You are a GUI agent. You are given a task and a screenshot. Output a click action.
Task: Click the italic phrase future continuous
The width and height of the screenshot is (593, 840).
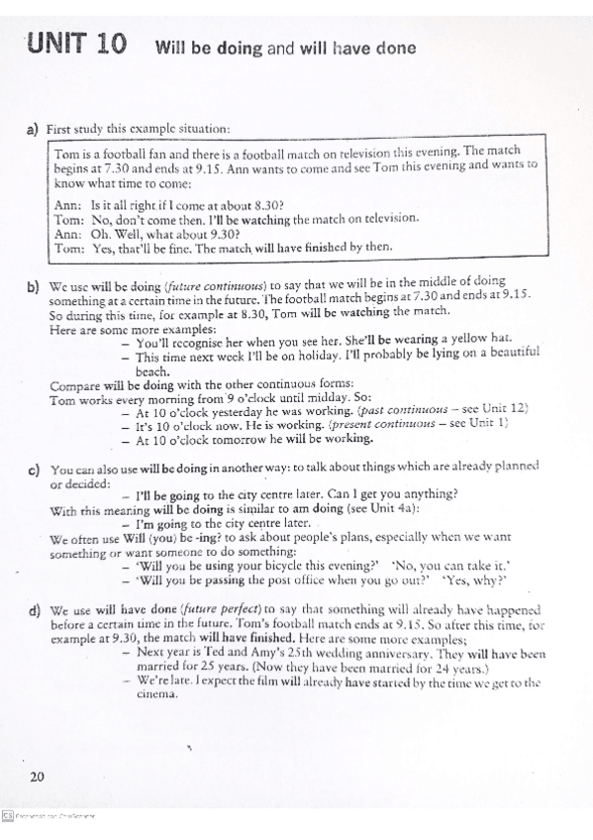click(x=208, y=282)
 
